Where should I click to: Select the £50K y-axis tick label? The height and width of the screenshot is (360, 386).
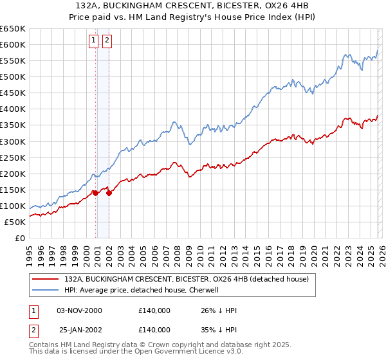point(15,222)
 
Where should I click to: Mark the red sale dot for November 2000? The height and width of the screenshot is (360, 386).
point(95,192)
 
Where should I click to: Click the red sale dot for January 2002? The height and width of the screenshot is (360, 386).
point(109,192)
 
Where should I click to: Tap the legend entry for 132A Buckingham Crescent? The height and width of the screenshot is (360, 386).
point(187,279)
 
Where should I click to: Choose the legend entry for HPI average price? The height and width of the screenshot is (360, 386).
point(142,290)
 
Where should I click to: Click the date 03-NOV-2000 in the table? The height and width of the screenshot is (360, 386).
point(80,310)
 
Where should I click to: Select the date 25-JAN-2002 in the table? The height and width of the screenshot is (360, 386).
point(80,329)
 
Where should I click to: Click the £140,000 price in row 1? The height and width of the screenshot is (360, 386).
point(154,310)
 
